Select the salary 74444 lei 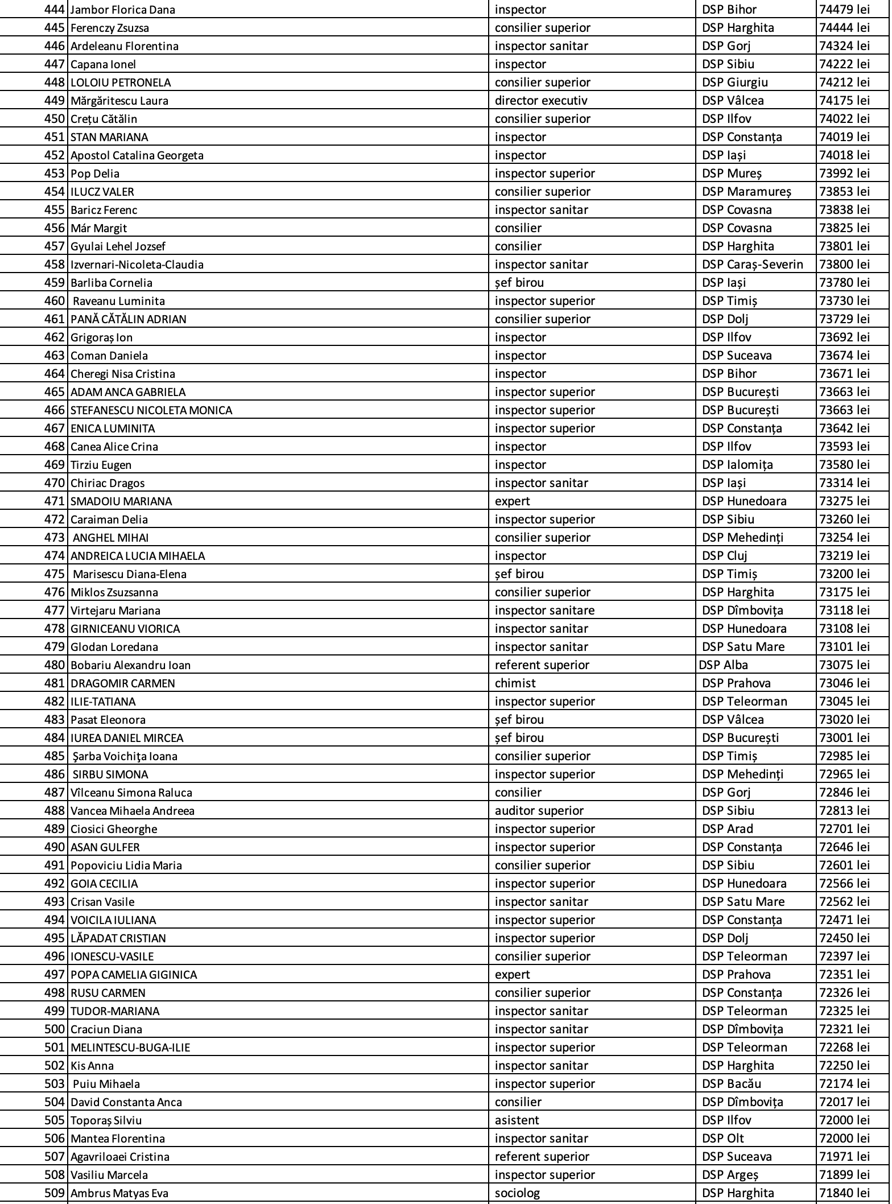point(844,28)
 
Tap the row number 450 point(55,119)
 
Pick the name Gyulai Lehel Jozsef point(118,246)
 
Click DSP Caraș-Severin point(752,265)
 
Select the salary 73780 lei point(844,283)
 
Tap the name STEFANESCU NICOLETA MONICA point(151,410)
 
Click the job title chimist point(515,683)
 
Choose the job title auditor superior point(539,811)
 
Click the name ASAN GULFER point(105,847)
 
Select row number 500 point(55,1029)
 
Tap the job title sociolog point(517,1193)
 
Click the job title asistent point(517,1120)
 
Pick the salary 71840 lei point(844,1193)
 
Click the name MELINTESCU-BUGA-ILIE point(130,1048)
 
